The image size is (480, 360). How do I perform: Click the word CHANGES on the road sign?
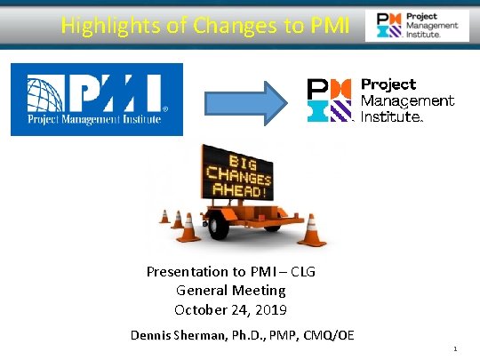tap(240, 177)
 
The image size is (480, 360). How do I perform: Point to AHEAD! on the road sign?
tap(240, 192)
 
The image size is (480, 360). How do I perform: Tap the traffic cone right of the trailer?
tap(310, 229)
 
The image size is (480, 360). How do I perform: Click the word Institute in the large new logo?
tap(391, 116)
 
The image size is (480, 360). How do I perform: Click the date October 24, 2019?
tap(230, 309)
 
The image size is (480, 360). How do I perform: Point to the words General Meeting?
tap(231, 290)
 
